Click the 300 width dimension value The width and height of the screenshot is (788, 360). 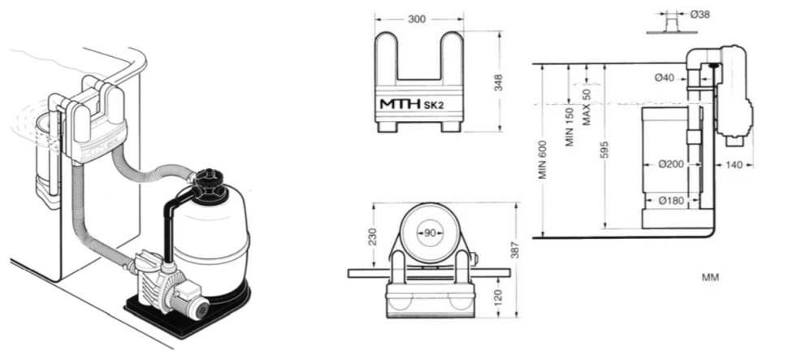[x=417, y=20]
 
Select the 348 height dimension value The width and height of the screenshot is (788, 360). [x=498, y=82]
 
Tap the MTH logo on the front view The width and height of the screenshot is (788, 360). [x=400, y=104]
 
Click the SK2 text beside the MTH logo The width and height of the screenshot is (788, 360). [x=434, y=105]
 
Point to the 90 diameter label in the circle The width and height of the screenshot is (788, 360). [x=430, y=232]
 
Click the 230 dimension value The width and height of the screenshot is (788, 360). [x=372, y=236]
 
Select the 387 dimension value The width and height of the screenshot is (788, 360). [x=514, y=250]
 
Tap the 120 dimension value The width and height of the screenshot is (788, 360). [x=498, y=297]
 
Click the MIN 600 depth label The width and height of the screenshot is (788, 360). [x=543, y=159]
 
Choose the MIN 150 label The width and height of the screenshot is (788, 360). [x=569, y=127]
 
